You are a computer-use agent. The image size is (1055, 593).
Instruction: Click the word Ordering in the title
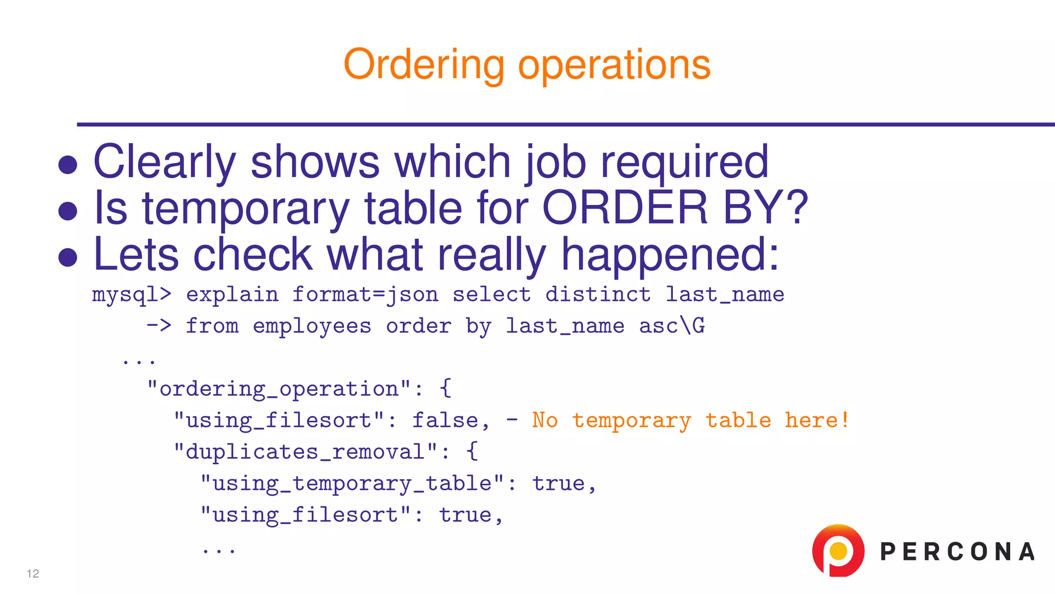(x=423, y=65)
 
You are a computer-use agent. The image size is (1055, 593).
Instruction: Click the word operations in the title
(x=614, y=65)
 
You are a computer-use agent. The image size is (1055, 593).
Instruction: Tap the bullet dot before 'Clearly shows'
(x=68, y=165)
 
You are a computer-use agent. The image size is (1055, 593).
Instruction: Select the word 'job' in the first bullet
(x=555, y=162)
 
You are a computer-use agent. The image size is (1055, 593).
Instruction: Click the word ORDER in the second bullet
(x=625, y=207)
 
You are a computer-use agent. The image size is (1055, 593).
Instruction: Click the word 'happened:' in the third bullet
(x=670, y=254)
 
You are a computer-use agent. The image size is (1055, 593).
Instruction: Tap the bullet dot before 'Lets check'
(x=68, y=257)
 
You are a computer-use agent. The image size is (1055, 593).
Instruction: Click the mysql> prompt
(x=131, y=295)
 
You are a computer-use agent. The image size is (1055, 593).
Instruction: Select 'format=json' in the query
(x=365, y=295)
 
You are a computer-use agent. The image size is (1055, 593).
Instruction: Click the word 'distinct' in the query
(x=598, y=295)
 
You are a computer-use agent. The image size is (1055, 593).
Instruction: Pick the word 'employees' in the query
(x=312, y=326)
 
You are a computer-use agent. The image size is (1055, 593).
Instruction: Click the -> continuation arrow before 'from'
(x=159, y=326)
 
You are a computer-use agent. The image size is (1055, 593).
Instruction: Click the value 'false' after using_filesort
(x=446, y=421)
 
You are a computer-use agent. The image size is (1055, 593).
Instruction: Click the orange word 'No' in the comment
(x=544, y=421)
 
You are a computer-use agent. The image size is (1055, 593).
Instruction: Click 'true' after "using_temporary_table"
(x=558, y=484)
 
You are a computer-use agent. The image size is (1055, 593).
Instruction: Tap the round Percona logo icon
(x=838, y=551)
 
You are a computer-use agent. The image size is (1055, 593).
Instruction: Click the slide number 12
(x=33, y=574)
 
